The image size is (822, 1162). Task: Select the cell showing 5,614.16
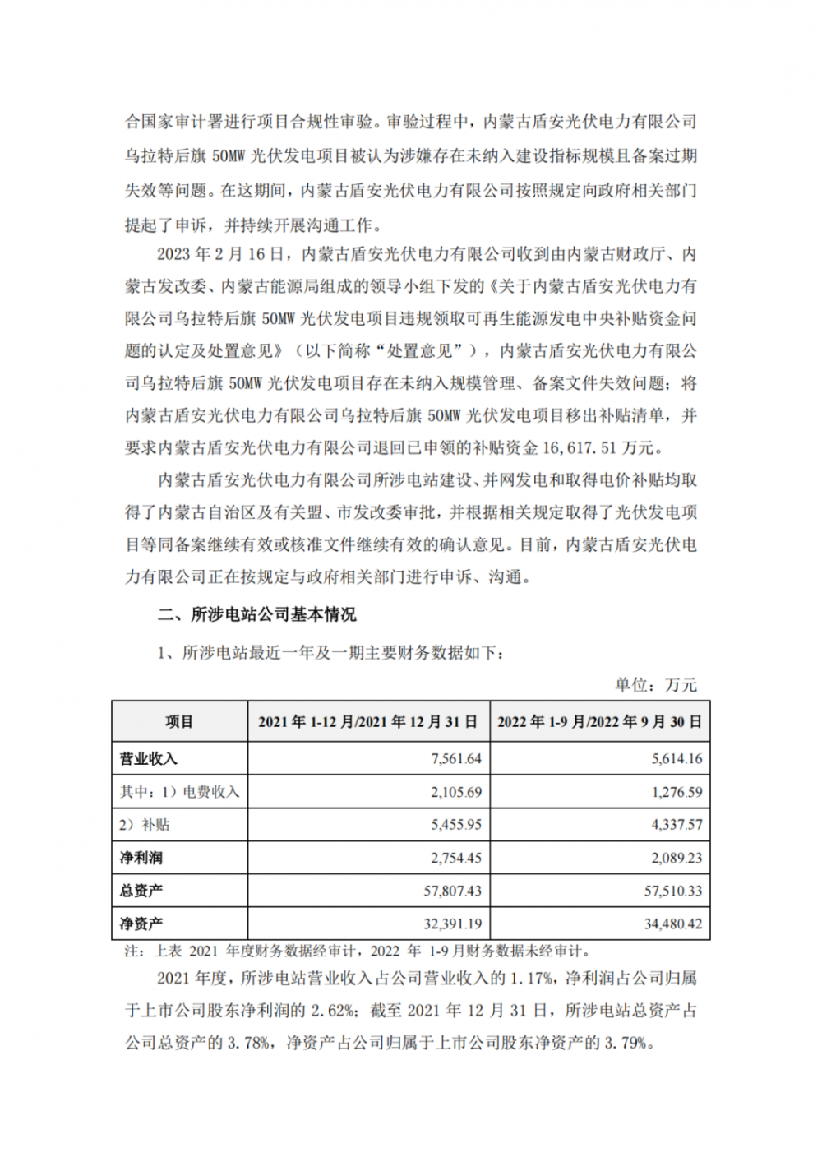pos(677,758)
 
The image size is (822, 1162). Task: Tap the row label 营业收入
pos(148,758)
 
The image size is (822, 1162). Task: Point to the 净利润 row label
pos(141,858)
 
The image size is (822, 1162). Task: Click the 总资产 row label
pos(141,891)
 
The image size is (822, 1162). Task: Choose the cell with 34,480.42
pos(672,924)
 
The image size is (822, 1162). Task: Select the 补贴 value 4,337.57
pos(677,824)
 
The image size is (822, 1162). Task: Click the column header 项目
pos(179,722)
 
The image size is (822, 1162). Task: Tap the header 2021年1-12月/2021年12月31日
pos(368,722)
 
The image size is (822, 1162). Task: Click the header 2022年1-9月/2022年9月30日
pos(599,722)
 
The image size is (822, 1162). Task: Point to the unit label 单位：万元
pos(655,684)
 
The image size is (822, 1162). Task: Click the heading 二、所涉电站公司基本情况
pos(257,614)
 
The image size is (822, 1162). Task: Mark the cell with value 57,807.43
pos(452,891)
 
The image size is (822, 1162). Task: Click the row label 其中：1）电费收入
pos(179,792)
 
